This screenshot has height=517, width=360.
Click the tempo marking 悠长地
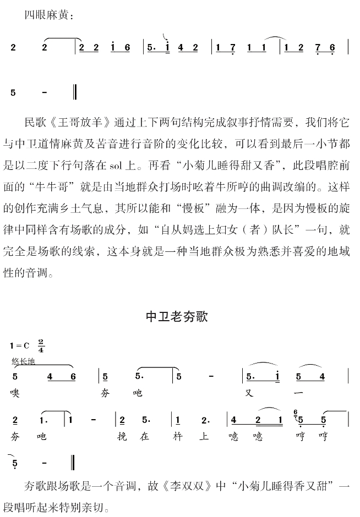pyautogui.click(x=23, y=361)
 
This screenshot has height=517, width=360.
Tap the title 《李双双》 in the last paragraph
pyautogui.click(x=186, y=486)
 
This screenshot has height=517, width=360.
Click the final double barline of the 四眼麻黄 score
pyautogui.click(x=74, y=92)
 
